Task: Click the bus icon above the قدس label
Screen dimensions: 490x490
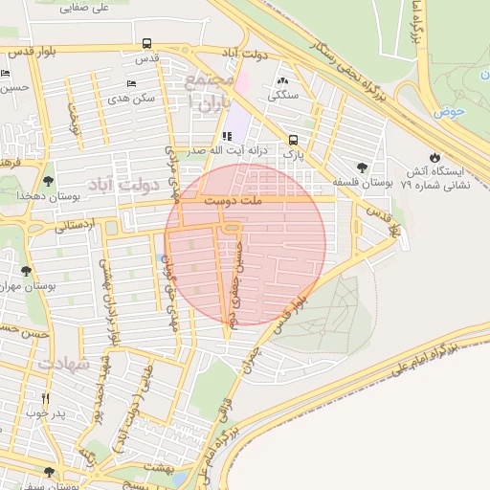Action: tap(146, 43)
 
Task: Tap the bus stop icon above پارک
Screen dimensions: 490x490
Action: tap(293, 139)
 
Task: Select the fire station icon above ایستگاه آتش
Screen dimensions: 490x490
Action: tap(435, 156)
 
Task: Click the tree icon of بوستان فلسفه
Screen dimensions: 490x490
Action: tap(361, 166)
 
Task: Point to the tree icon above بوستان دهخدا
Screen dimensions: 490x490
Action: tap(48, 180)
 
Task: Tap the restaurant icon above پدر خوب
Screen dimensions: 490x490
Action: tap(45, 398)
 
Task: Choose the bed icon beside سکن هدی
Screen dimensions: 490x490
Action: tap(131, 83)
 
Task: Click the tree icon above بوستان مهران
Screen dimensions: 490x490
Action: tap(26, 271)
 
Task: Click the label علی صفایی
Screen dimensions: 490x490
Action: tap(84, 8)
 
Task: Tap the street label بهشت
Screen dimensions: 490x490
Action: tap(158, 466)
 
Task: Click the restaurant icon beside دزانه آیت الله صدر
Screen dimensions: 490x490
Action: tap(227, 136)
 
